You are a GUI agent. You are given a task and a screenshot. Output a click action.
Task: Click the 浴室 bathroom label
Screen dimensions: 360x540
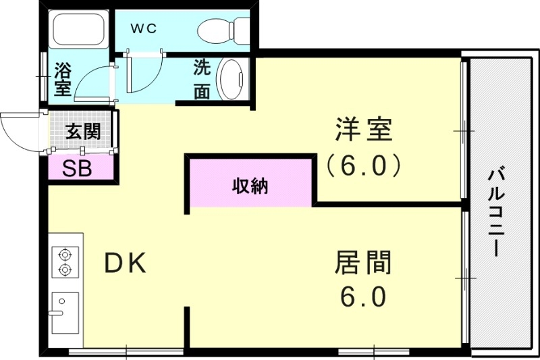(63, 78)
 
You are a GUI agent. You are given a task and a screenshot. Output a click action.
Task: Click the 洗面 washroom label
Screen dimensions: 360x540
(202, 80)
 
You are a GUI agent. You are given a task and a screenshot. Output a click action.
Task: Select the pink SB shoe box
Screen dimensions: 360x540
(80, 168)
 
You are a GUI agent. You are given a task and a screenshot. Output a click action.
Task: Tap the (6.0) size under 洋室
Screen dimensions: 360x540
(363, 164)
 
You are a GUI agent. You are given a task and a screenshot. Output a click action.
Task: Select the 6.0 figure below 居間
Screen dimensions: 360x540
(363, 297)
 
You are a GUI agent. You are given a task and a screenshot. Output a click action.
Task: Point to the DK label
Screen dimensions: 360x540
(125, 264)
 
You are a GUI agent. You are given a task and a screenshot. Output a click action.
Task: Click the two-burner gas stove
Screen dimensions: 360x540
(65, 262)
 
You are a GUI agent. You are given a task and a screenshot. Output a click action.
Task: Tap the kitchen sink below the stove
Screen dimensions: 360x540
(65, 312)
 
